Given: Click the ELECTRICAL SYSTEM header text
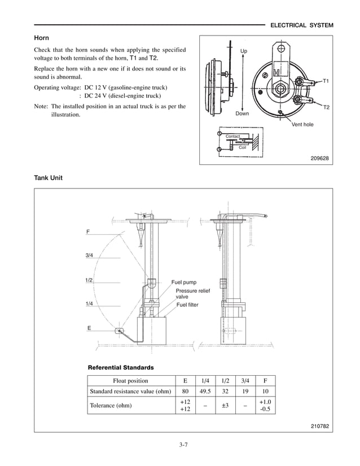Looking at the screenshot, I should [x=302, y=26].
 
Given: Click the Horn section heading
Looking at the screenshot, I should [x=42, y=38].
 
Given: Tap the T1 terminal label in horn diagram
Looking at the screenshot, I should [x=326, y=81].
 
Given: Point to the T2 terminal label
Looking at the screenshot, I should [x=326, y=107].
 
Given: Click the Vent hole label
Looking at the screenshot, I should [x=302, y=124].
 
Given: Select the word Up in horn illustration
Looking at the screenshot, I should [x=244, y=51].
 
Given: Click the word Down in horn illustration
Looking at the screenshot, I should [x=242, y=113].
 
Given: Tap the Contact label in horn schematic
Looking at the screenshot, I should [x=232, y=137].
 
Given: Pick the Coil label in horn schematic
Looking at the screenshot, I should [x=242, y=147].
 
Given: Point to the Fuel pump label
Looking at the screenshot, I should [x=184, y=282].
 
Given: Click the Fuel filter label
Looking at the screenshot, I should [x=187, y=305].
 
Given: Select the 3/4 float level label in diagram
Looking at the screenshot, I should [x=89, y=256].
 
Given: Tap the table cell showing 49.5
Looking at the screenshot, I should [x=205, y=391].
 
